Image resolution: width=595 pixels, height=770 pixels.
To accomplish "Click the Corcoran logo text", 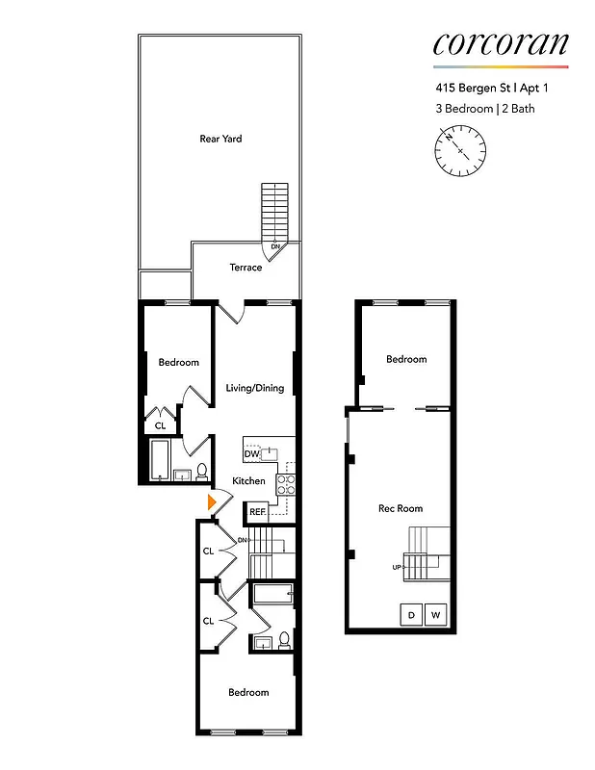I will pos(501,42).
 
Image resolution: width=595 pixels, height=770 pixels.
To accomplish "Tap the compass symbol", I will pos(460,151).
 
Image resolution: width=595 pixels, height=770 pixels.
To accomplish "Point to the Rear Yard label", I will pos(220,139).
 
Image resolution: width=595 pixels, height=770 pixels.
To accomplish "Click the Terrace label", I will pos(246,268).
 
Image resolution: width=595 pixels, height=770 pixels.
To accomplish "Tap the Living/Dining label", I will pos(255,388).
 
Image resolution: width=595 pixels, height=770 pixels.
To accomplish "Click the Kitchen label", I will pos(248,480).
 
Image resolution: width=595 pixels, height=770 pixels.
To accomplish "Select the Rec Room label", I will pos(401,508).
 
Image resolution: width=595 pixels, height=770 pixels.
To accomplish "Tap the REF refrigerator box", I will pos(257,512).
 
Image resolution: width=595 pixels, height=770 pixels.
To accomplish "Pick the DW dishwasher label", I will pos(251,453).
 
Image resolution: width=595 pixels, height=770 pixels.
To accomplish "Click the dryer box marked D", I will pos(412,614).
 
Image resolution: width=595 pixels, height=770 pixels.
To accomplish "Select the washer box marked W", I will pos(436,614).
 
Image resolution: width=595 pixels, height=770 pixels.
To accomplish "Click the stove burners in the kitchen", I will pos(286,483).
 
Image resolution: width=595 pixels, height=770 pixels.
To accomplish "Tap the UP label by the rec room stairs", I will pos(397,567).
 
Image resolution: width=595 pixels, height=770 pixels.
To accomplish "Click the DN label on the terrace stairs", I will pos(275,247).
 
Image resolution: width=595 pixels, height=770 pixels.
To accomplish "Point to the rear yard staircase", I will pos(275,211).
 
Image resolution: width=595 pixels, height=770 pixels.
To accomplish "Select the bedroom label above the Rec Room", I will pos(406,359).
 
